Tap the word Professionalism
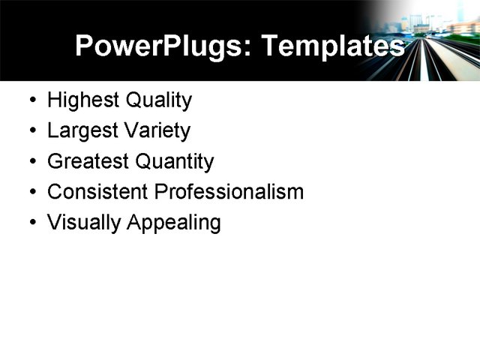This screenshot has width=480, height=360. coord(229,192)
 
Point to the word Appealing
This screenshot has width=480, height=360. coord(173,223)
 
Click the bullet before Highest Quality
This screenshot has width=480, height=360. coord(32,100)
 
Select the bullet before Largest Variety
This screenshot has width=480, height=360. coord(32,131)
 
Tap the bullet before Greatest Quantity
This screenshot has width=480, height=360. coord(32,162)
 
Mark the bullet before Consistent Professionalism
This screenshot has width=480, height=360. coord(32,192)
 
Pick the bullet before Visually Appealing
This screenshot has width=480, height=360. coord(32,223)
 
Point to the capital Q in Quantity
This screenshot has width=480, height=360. coord(144,162)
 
